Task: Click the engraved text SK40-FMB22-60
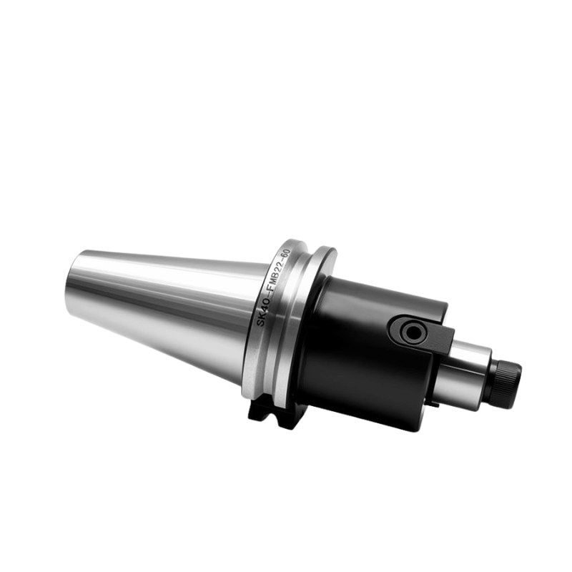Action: click(273, 288)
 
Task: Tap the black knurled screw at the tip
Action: click(506, 383)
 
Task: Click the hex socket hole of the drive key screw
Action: click(413, 332)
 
